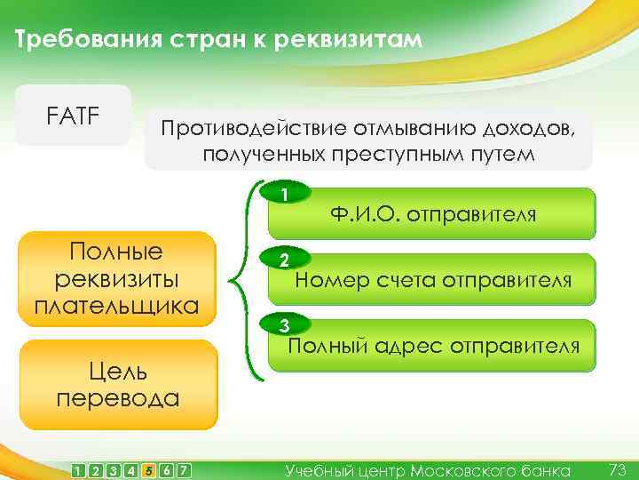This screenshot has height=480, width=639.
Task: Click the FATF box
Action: (73, 116)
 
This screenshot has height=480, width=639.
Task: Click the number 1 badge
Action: (283, 194)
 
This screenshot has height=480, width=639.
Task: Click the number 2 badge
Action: (283, 261)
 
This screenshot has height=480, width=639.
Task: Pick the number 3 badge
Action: (283, 325)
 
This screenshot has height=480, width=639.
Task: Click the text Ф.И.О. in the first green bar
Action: (365, 214)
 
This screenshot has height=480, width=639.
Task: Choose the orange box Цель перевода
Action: (118, 383)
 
